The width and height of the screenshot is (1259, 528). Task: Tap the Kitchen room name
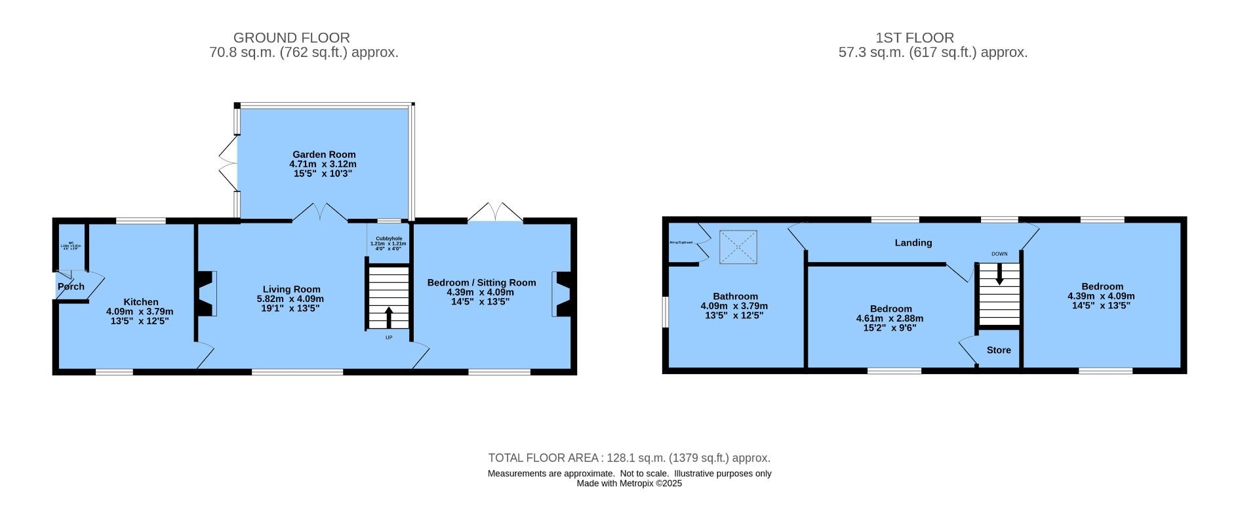[x=141, y=302]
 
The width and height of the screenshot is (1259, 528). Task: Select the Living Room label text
[x=291, y=289]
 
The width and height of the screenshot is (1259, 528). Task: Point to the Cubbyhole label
[x=388, y=239]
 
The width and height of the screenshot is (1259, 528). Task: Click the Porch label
[x=71, y=286]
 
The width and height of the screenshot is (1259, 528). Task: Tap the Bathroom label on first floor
[x=735, y=296]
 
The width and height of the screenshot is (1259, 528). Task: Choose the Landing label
[x=913, y=243]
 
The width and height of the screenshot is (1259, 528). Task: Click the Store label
[x=999, y=350]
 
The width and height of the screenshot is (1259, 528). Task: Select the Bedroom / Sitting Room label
[x=481, y=282]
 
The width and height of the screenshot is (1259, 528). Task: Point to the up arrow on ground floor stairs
[x=388, y=317]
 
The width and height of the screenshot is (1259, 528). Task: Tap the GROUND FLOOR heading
[x=291, y=38]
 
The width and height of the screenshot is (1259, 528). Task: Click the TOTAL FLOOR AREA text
[x=629, y=458]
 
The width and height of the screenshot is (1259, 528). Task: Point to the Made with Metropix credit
[x=629, y=483]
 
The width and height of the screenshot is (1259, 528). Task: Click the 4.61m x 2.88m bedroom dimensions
[x=890, y=318]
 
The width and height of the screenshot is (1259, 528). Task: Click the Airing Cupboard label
[x=681, y=242]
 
